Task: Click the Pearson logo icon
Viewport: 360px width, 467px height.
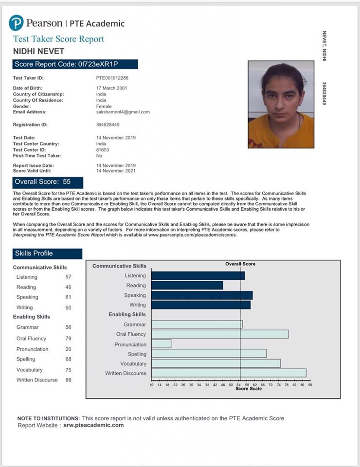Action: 16,23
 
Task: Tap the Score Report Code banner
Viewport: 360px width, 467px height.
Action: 75,64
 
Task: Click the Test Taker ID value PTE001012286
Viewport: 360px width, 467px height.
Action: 112,78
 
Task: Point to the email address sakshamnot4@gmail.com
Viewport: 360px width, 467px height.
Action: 123,112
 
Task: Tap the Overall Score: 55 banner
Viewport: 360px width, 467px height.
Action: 48,182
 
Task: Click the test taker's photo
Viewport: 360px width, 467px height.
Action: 281,104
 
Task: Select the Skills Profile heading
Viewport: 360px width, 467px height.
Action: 47,253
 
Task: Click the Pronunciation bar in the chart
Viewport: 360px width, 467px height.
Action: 162,344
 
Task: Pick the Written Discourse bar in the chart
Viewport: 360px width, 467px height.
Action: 229,373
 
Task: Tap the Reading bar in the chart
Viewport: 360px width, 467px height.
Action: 187,286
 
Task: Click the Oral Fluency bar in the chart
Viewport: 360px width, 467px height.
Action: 220,334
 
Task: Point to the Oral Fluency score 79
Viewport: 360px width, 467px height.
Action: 68,338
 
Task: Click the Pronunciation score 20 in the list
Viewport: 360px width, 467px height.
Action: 68,349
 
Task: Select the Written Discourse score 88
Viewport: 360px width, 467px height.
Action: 68,380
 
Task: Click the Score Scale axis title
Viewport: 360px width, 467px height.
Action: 248,389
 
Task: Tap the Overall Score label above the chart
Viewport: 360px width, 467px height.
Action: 240,264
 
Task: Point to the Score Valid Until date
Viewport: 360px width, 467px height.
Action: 116,171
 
